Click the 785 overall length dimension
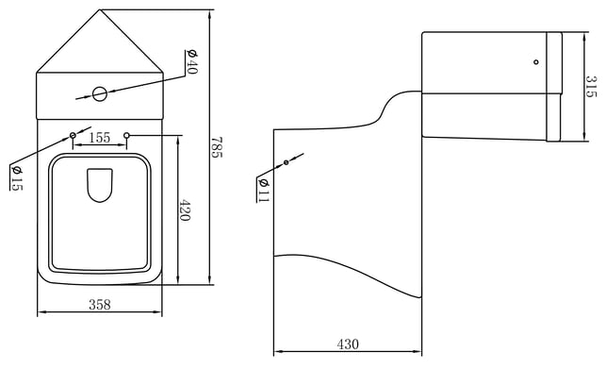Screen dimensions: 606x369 click(217, 147)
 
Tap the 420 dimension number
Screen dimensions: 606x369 click(185, 210)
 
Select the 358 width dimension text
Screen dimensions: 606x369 click(100, 304)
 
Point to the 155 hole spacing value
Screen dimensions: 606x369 click(100, 138)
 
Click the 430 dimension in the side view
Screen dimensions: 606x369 click(348, 344)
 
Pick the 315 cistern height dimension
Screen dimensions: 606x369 click(591, 86)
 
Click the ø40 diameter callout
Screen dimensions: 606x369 click(192, 61)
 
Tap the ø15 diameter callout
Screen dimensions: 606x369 click(17, 178)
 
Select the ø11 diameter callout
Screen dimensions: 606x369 click(263, 190)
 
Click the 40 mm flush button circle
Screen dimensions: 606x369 click(99, 94)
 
